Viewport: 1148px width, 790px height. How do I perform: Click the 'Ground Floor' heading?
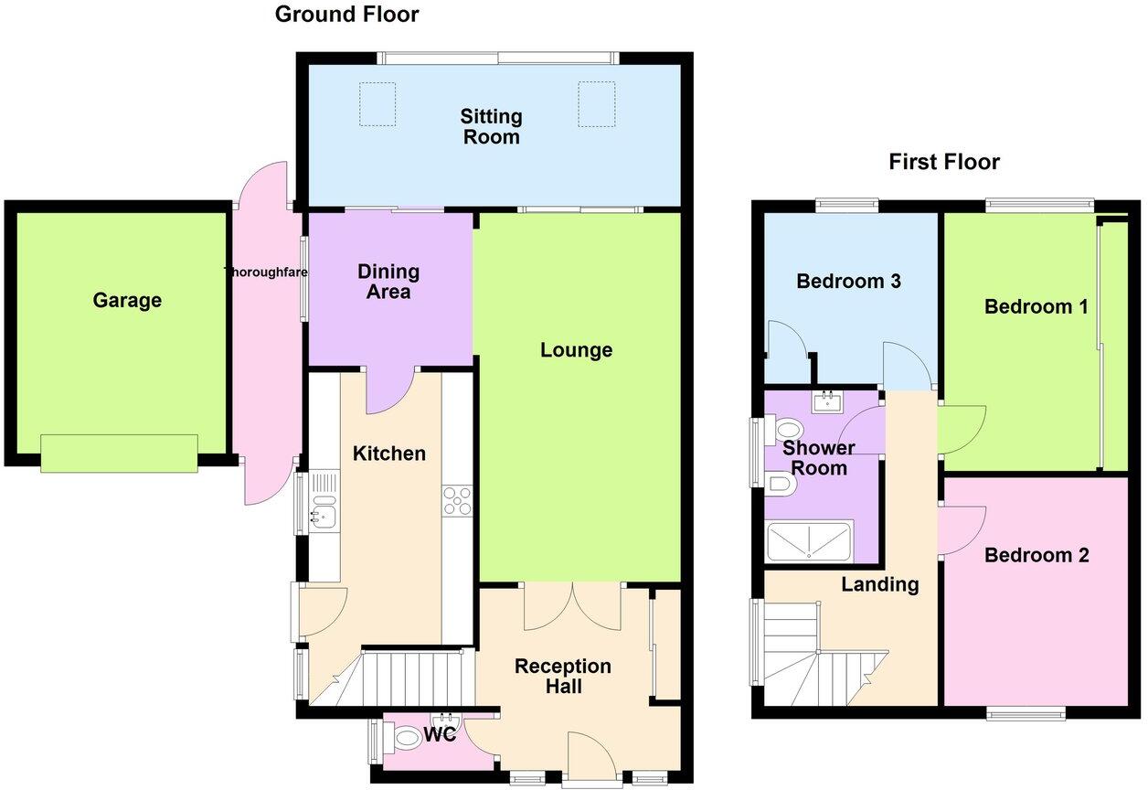346,15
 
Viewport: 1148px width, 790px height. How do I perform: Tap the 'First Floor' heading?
944,162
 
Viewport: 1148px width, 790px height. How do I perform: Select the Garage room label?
127,300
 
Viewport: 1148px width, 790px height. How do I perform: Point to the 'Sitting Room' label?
491,127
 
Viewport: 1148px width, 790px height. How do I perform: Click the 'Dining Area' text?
388,282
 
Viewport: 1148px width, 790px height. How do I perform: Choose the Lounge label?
576,350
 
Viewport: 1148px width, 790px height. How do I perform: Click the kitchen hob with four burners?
457,500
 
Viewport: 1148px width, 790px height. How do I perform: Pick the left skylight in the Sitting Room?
377,103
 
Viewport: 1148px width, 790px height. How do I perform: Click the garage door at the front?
119,454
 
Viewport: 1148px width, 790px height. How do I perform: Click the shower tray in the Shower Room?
809,541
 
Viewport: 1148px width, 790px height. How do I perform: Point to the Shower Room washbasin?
829,401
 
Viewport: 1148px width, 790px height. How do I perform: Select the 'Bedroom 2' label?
1036,555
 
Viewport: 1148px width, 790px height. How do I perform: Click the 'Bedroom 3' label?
848,281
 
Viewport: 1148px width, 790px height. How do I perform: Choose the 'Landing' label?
879,584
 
